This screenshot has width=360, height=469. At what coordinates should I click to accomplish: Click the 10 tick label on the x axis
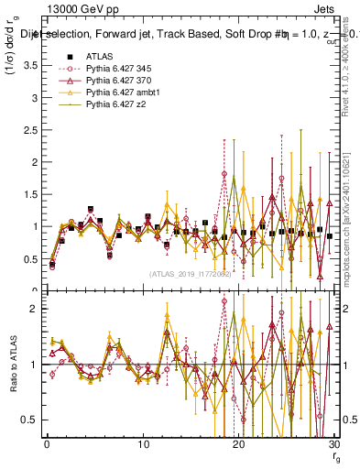(x=144, y=444)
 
